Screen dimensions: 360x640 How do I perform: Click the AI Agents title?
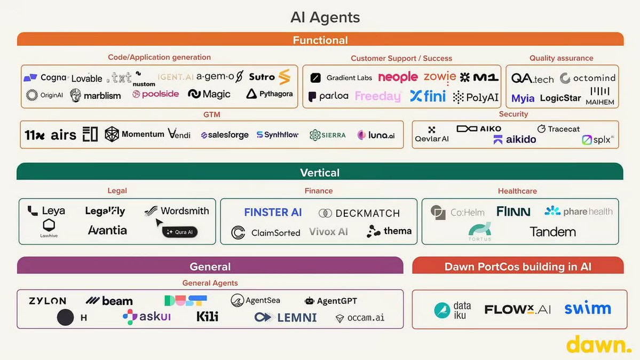click(325, 17)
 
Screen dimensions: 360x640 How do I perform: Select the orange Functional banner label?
click(320, 40)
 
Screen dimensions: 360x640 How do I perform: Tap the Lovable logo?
click(86, 79)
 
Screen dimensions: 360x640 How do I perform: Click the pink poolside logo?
click(156, 95)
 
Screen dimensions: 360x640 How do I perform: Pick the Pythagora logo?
click(270, 94)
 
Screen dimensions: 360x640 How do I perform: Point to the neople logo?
click(398, 77)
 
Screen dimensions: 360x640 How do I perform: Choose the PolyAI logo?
click(476, 97)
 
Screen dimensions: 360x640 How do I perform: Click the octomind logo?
click(588, 78)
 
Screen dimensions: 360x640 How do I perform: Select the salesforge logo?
click(225, 135)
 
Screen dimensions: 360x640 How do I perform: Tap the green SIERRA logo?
click(328, 135)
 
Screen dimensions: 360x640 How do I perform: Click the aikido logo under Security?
click(515, 139)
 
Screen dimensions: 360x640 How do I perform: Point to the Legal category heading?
click(117, 191)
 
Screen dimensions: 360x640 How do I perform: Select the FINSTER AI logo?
click(273, 213)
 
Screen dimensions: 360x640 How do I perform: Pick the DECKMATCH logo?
click(359, 213)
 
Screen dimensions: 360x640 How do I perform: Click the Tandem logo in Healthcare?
click(552, 232)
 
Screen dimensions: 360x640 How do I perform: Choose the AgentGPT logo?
click(331, 301)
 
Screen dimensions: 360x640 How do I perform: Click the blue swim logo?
click(587, 309)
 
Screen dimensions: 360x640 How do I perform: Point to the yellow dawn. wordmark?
click(598, 345)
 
